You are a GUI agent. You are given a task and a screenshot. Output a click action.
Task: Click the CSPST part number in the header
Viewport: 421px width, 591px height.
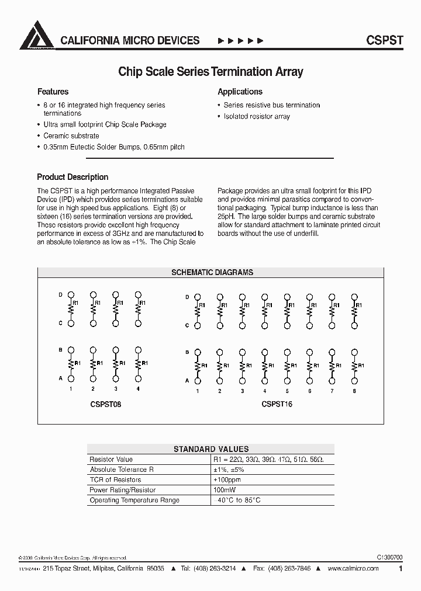[x=384, y=40]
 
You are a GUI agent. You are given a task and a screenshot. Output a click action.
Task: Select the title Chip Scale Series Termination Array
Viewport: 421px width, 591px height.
[x=210, y=72]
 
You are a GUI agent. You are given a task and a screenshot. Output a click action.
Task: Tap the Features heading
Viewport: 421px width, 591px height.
[x=53, y=92]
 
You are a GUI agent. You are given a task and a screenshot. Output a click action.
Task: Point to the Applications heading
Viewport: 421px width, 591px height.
[x=240, y=92]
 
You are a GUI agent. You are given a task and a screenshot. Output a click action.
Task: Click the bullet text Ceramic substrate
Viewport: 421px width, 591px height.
[x=71, y=135]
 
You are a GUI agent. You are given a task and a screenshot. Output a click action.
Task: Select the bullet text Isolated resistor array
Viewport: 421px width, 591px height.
[x=257, y=116]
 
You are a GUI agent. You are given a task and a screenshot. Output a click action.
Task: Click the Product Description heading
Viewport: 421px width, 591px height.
[x=73, y=177]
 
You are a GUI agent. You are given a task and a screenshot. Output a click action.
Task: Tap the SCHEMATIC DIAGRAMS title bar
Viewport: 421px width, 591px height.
[x=212, y=273]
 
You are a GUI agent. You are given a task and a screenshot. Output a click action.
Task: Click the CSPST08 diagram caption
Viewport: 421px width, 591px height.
[x=106, y=404]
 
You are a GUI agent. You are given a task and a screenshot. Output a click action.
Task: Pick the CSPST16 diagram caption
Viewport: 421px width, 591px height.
[x=277, y=404]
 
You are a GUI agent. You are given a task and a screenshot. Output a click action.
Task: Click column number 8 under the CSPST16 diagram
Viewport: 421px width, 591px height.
[x=354, y=391]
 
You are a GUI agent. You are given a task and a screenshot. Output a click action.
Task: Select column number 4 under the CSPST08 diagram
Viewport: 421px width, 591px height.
[x=138, y=389]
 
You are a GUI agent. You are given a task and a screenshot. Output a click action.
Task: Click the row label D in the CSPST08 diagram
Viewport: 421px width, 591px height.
[x=60, y=295]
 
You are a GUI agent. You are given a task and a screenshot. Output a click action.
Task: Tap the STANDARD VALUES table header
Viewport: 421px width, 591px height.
[x=211, y=449]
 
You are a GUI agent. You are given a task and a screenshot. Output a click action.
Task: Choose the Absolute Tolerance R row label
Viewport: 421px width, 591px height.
[x=118, y=470]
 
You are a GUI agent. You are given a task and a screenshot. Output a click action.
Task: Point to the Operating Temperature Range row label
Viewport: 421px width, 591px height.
[x=134, y=500]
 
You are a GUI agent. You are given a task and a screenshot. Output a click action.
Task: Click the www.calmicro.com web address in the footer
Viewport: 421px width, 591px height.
[x=353, y=568]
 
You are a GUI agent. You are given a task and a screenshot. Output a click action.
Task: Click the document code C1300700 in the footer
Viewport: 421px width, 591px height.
[x=386, y=558]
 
